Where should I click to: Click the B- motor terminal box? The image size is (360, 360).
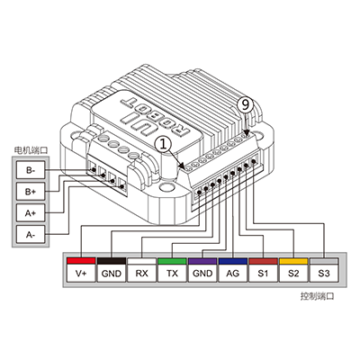(x=31, y=170)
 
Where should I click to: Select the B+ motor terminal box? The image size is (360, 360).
(x=31, y=191)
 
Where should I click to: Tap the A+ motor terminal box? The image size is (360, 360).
(x=31, y=212)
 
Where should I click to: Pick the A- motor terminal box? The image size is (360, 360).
(x=31, y=234)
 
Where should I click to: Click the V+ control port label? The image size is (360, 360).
(x=81, y=273)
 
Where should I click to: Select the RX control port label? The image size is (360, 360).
(x=141, y=273)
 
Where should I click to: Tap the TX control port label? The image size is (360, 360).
(x=172, y=273)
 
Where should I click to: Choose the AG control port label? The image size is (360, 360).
(x=233, y=273)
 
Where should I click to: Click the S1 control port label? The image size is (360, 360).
(x=263, y=273)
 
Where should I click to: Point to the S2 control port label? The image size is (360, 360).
(x=293, y=273)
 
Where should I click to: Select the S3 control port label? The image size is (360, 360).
(x=324, y=273)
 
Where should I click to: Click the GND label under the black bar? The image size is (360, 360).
(x=112, y=273)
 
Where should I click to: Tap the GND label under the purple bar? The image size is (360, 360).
(x=202, y=273)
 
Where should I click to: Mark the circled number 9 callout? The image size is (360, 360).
(x=246, y=105)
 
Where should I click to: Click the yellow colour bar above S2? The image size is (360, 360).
(x=293, y=261)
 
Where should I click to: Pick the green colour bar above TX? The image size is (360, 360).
(x=172, y=261)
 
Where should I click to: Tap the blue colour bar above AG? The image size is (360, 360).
(x=233, y=261)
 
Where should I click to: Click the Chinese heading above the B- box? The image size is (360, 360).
(x=31, y=150)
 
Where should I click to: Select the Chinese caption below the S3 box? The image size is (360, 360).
(x=317, y=296)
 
